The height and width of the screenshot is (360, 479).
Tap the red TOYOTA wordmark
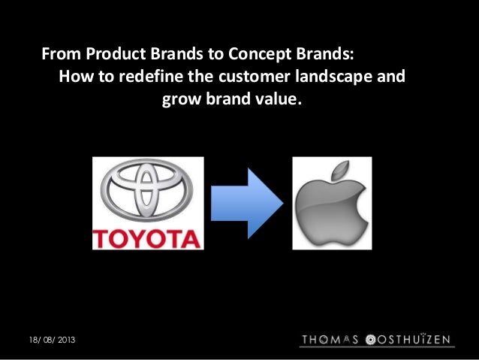147,238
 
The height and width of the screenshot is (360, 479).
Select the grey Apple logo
331,207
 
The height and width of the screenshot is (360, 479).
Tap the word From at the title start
60,56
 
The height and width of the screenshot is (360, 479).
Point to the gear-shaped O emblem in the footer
370,340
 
